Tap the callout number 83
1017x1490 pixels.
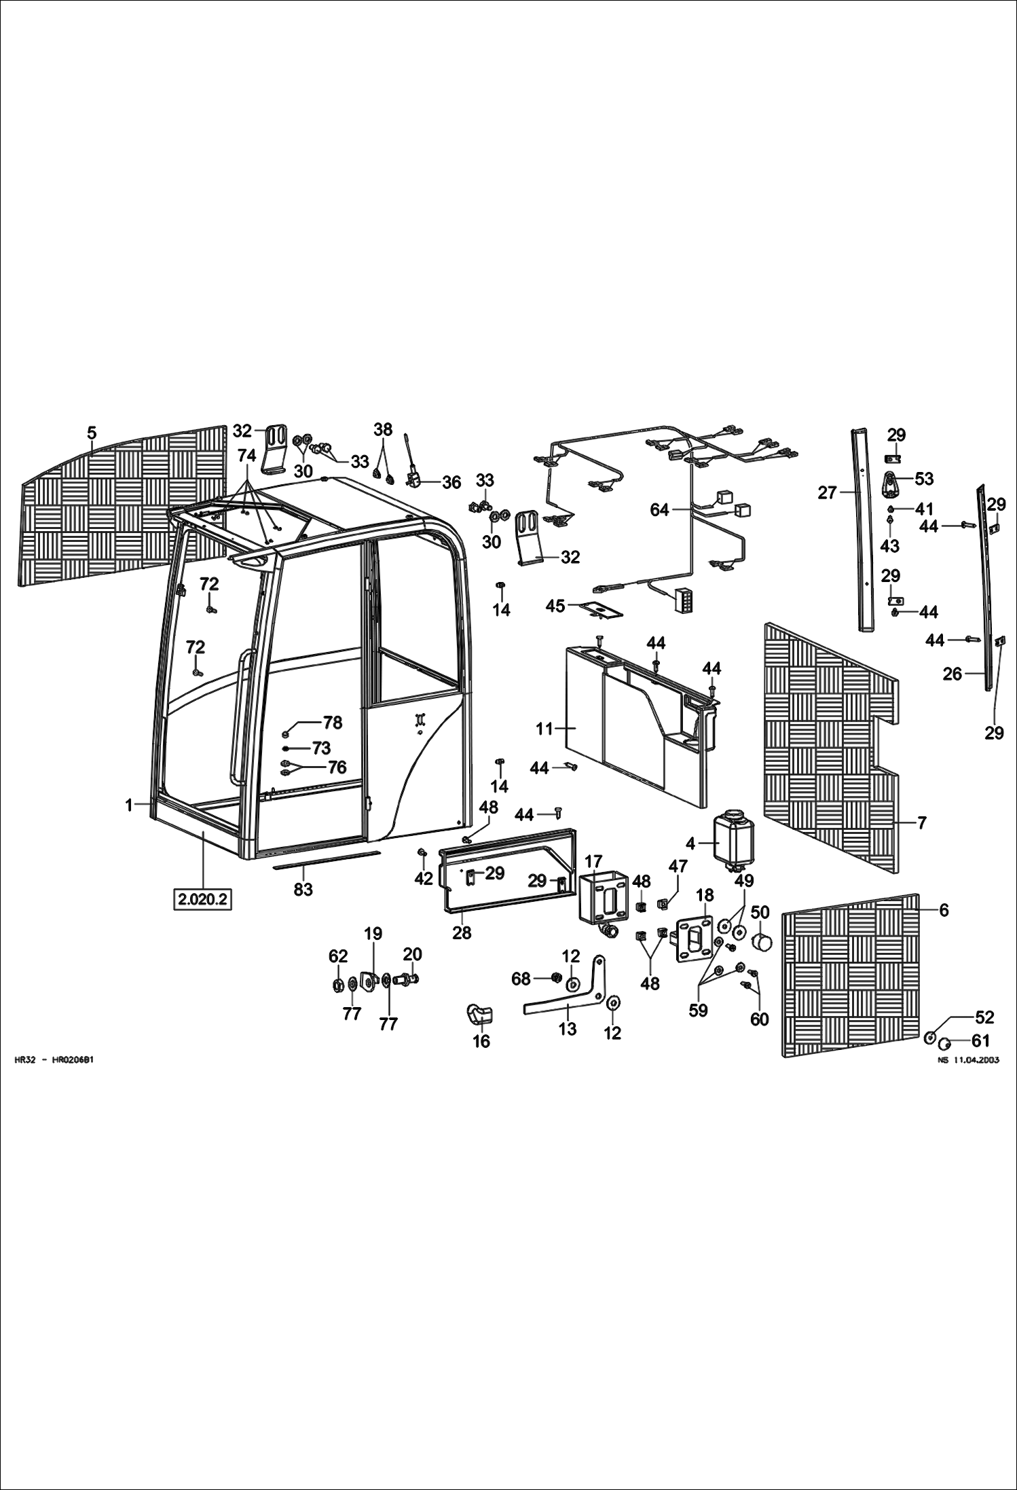click(x=303, y=888)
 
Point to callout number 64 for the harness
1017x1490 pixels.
click(x=659, y=509)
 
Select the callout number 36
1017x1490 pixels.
click(x=451, y=482)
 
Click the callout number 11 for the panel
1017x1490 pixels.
click(x=544, y=729)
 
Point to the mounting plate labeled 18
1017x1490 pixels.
click(x=693, y=939)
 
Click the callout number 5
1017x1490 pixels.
click(x=92, y=433)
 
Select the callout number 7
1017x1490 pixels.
click(x=921, y=823)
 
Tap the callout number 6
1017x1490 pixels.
click(x=944, y=911)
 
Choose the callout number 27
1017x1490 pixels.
click(x=827, y=492)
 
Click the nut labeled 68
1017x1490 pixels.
click(x=554, y=978)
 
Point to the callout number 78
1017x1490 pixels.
click(x=333, y=723)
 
